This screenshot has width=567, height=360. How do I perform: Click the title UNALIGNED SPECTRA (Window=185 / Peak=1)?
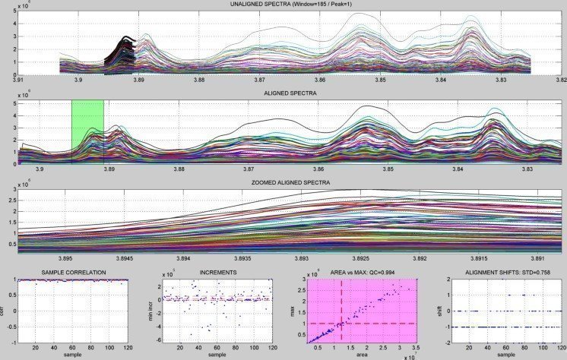point(283,5)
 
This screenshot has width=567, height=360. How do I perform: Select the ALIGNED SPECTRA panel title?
point(283,93)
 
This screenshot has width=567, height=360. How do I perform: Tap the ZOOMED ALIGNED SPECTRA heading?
point(283,183)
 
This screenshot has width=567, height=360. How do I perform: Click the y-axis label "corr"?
point(4,311)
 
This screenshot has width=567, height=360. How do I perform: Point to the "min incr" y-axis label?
point(148,311)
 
